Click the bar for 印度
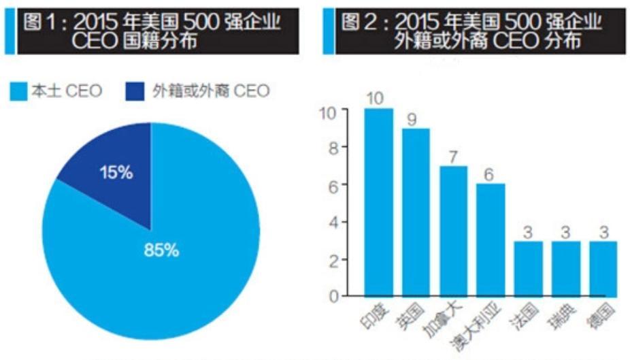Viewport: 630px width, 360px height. pyautogui.click(x=378, y=202)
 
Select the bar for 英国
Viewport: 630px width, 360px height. pyautogui.click(x=416, y=212)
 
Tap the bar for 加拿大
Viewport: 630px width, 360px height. pyautogui.click(x=453, y=231)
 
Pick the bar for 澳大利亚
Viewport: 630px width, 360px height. pyautogui.click(x=491, y=240)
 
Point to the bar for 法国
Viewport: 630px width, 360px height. pyautogui.click(x=528, y=268)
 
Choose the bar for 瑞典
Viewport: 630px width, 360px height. pyautogui.click(x=565, y=268)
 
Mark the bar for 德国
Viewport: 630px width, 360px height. pyautogui.click(x=603, y=268)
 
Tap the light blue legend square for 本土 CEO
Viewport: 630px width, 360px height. pyautogui.click(x=18, y=91)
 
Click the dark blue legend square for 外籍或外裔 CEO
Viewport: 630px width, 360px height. pyautogui.click(x=135, y=91)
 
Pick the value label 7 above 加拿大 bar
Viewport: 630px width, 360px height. pyautogui.click(x=453, y=156)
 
